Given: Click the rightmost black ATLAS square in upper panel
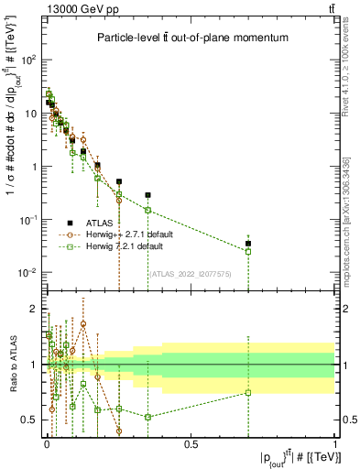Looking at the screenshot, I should [248, 244].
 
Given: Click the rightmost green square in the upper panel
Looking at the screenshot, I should [248, 252].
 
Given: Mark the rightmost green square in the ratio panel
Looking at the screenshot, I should [248, 393].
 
